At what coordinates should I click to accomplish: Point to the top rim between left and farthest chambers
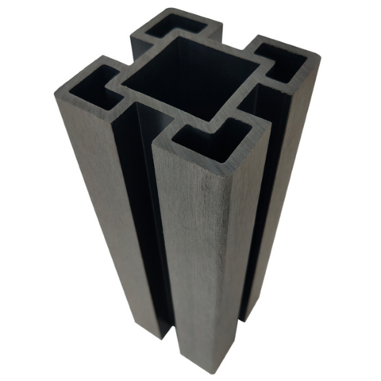coord(133,57)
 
